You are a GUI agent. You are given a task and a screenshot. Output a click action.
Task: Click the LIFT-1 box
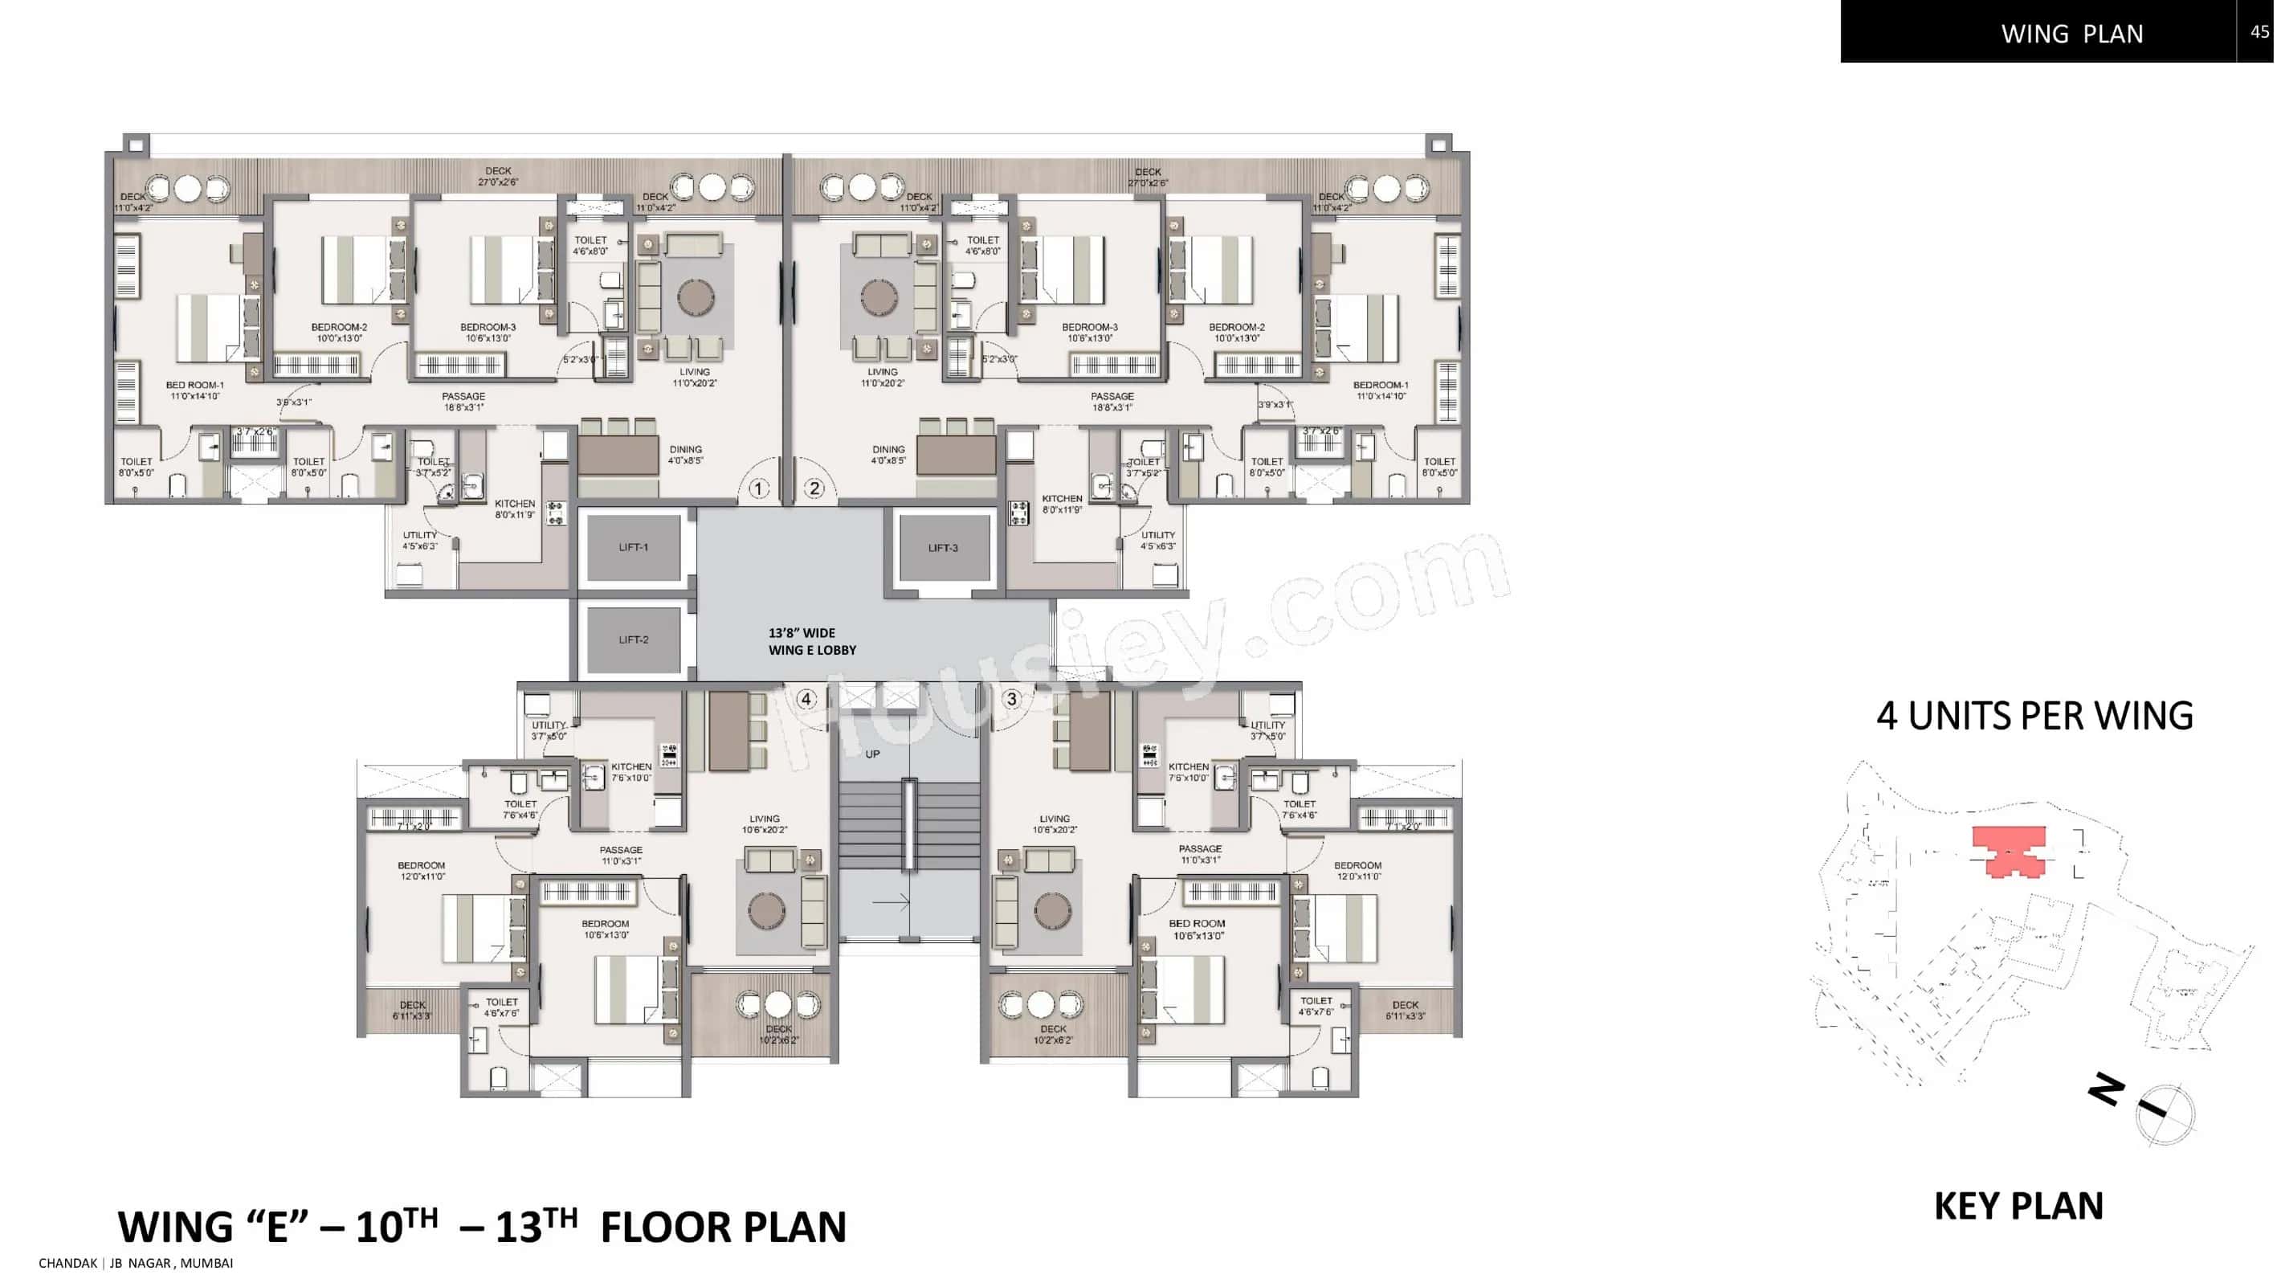pos(633,547)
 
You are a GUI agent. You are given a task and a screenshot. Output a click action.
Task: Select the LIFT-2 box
pos(633,639)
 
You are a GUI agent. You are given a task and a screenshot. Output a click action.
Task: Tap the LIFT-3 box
pos(943,547)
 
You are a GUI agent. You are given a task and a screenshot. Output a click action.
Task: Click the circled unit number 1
pos(758,488)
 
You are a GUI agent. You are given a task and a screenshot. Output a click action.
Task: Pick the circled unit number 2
pos(814,488)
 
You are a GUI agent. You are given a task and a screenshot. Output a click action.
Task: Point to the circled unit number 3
pos(1012,699)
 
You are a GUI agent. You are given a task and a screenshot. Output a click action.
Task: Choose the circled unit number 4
pos(806,699)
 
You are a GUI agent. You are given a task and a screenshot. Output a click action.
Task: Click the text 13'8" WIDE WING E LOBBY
pos(811,641)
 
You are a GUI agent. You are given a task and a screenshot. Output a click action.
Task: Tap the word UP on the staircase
pos(873,754)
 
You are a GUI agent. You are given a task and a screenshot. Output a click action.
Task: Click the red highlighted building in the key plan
pos(2008,851)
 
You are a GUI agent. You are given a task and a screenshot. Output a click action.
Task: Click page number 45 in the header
pos(2259,32)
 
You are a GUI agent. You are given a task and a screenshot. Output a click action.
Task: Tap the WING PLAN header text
pos(2072,34)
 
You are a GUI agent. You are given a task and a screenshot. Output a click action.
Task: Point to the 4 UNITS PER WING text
pos(2034,716)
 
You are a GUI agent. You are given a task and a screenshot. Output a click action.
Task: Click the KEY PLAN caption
pos(2018,1206)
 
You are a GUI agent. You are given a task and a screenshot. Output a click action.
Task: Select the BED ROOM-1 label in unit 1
pos(195,390)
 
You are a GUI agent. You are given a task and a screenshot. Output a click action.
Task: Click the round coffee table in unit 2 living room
pos(879,297)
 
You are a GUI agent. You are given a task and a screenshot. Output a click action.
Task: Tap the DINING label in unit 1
pos(685,454)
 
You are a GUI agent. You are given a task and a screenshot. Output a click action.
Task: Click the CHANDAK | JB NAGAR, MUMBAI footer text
pos(136,1264)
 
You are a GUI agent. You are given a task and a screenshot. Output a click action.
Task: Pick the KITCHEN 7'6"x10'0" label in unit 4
pos(630,772)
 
